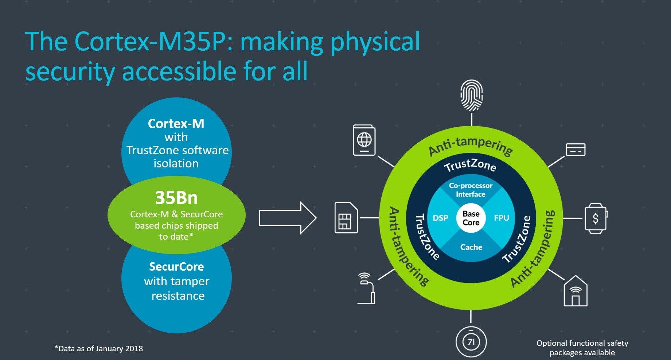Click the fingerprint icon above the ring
(x=471, y=96)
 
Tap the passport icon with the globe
(x=364, y=140)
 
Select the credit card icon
(x=576, y=150)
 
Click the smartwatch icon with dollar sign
(x=596, y=218)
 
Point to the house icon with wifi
(x=576, y=291)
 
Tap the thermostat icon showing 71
(x=471, y=342)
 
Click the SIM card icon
(x=346, y=218)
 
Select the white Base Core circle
(x=471, y=218)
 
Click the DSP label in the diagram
(x=440, y=218)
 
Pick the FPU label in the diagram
(x=502, y=218)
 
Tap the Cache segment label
(x=471, y=247)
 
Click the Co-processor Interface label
(x=471, y=190)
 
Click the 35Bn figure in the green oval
(x=176, y=198)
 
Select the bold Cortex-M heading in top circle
(x=176, y=124)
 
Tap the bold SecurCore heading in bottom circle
(x=176, y=267)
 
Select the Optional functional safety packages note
(x=582, y=348)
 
